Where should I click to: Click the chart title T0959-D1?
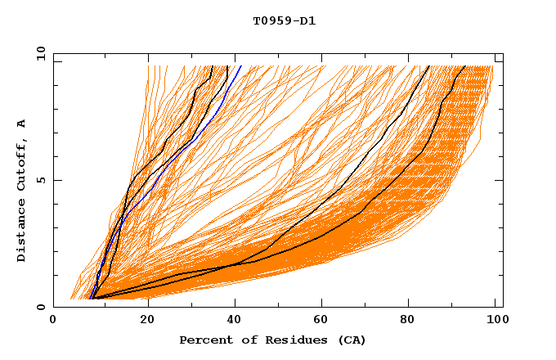pos(284,21)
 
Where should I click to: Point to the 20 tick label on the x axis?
pos(147,320)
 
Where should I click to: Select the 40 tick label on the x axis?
pos(237,320)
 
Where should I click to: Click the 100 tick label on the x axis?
pos(494,320)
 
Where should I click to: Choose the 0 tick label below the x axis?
pos(53,320)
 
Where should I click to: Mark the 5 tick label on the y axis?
pos(41,180)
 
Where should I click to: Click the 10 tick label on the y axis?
pos(38,53)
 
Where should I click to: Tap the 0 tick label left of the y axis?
pos(41,307)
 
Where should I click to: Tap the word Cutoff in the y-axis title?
pos(21,162)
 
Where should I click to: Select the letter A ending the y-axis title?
pos(21,123)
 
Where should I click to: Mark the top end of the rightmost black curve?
pos(464,66)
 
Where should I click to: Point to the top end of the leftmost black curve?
pos(213,66)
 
